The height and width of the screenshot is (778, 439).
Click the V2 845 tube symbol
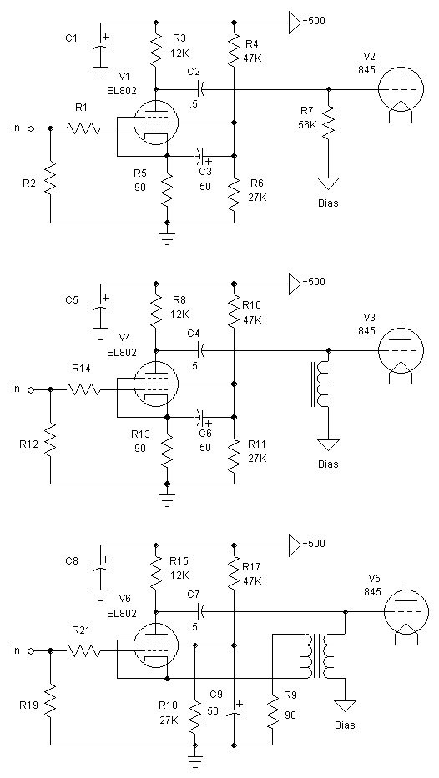click(401, 90)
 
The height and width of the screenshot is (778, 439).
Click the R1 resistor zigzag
click(83, 128)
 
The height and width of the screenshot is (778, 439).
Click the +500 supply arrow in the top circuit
click(295, 23)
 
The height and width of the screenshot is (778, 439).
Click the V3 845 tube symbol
click(401, 350)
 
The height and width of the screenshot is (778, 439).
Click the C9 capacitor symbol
click(234, 710)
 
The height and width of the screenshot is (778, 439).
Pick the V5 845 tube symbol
click(406, 611)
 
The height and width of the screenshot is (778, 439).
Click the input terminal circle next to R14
click(30, 390)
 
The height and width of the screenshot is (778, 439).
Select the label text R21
click(82, 630)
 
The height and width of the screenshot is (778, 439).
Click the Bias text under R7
click(328, 203)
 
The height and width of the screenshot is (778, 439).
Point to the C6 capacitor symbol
click(200, 418)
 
